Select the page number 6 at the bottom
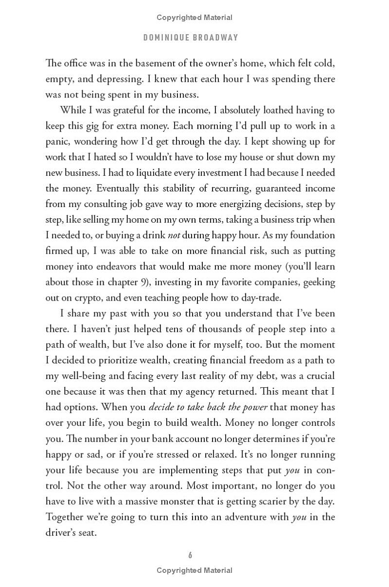click(x=191, y=555)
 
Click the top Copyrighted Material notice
click(x=194, y=18)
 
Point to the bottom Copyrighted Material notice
click(x=194, y=570)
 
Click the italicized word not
click(x=174, y=235)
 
